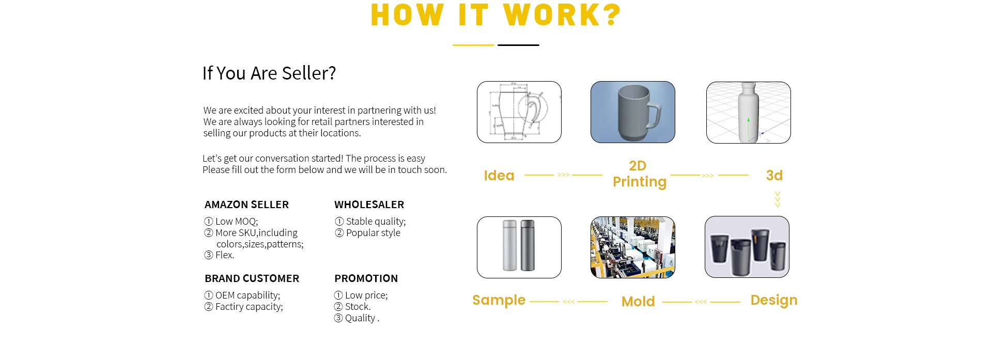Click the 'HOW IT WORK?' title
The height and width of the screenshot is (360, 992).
coord(496,15)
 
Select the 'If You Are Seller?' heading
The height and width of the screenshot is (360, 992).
coord(269,73)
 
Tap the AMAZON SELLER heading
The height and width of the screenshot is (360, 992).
coord(246,205)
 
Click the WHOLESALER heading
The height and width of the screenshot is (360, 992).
coord(369,205)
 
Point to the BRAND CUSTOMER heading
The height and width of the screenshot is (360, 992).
coord(252,278)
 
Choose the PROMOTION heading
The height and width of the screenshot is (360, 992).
coord(366,278)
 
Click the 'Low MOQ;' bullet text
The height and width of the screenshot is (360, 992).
coord(237,222)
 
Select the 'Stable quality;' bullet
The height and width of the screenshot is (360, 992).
coord(376,222)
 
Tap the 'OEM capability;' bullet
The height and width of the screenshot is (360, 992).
coord(247,295)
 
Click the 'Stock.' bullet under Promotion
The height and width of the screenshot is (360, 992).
coord(358,307)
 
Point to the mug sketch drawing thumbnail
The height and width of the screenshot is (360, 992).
coord(519,112)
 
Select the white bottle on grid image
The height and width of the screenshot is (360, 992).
coord(749,113)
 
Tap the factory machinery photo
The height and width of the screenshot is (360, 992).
coord(633,247)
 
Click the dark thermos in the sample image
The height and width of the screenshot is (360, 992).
coord(528,246)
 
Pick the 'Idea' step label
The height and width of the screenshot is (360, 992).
coord(499,176)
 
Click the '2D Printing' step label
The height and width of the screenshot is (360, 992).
coord(639,174)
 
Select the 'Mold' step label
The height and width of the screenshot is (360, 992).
coord(638,302)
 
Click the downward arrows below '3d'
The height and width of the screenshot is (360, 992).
coord(778,199)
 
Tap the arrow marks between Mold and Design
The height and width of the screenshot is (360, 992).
coord(701,302)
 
